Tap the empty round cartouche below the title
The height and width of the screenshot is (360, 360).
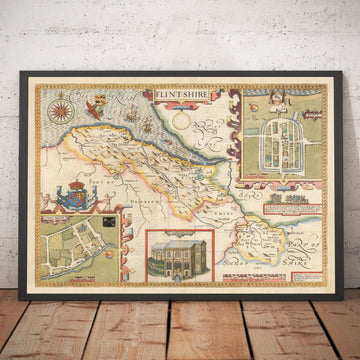(x=181, y=118)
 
